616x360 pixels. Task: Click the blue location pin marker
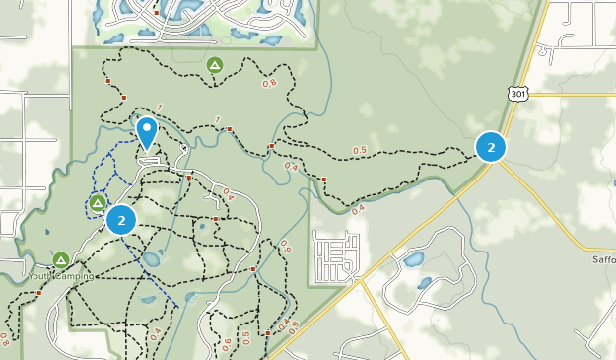point(147,132)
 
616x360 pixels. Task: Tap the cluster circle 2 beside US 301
point(491,146)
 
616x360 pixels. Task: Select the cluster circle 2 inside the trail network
point(121,219)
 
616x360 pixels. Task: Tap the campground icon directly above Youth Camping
point(61,260)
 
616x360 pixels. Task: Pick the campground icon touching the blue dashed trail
point(98,203)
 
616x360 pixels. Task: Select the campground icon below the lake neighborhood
point(214,66)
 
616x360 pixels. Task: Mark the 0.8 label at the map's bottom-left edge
point(5,341)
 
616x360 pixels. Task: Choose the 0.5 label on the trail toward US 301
point(359,150)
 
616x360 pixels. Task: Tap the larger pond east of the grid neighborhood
point(412,260)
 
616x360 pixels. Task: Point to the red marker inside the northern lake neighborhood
point(157,13)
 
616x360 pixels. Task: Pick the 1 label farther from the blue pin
point(218,120)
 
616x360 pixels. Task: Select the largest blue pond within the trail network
point(151,260)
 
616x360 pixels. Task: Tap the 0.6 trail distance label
point(228,343)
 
